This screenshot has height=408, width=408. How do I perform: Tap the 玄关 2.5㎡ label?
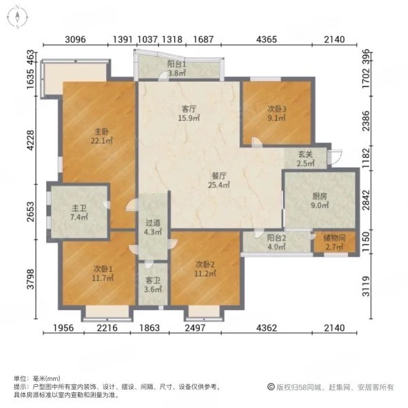[x=305, y=158]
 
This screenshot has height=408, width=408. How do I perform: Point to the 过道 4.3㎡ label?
[x=152, y=226]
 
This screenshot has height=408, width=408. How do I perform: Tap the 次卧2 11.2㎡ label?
[x=205, y=269]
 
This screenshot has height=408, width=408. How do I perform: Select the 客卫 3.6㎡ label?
[x=152, y=284]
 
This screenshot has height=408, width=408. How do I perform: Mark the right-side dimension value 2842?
[x=364, y=201]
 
